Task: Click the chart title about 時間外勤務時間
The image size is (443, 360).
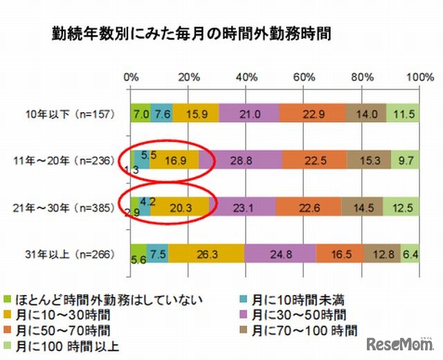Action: [178, 33]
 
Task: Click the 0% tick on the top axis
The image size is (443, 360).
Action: [130, 77]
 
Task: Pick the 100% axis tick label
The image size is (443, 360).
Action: [418, 77]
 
